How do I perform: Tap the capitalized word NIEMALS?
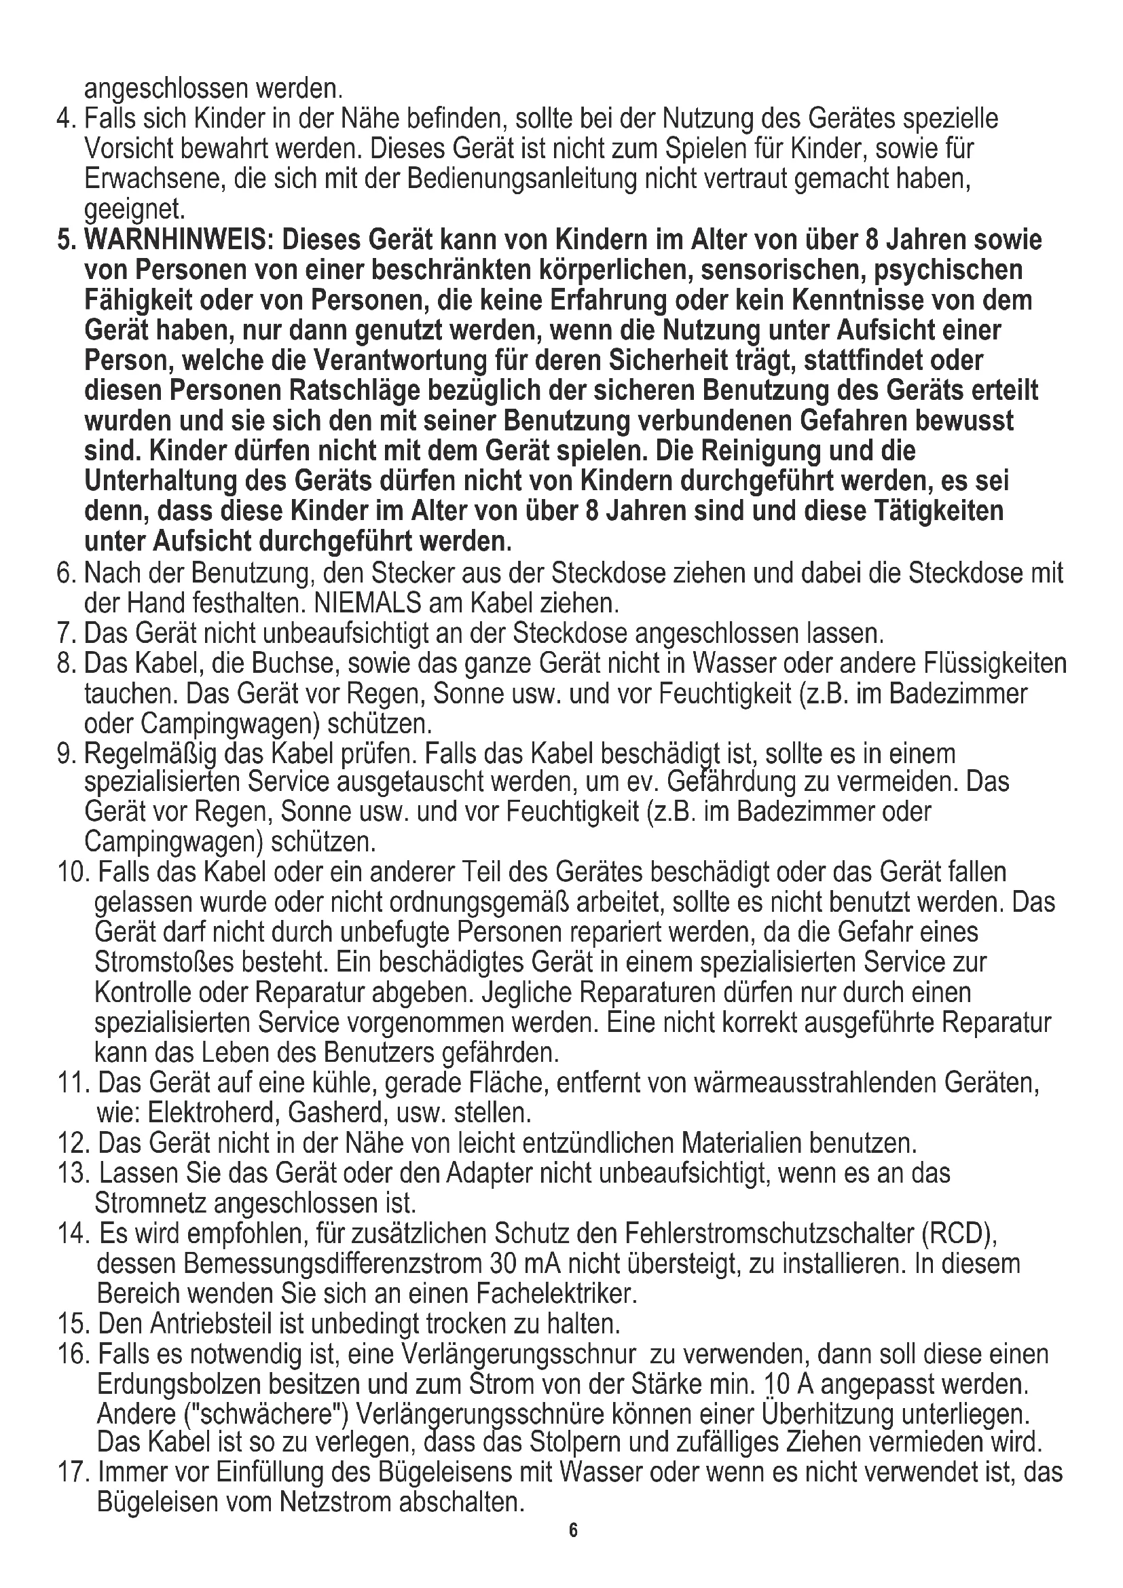point(368,603)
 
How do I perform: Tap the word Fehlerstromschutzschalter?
point(768,1232)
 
